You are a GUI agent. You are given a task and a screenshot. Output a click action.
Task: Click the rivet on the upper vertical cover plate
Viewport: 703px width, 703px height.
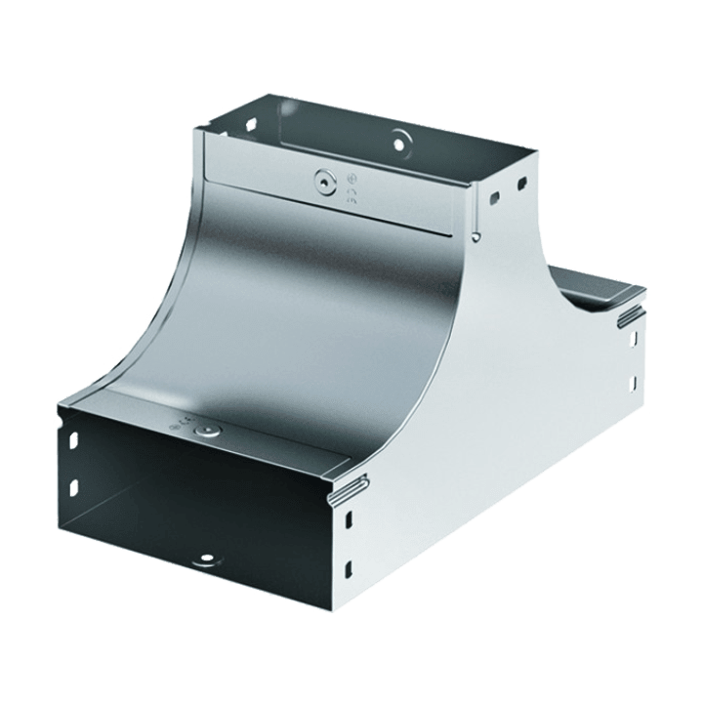(x=322, y=180)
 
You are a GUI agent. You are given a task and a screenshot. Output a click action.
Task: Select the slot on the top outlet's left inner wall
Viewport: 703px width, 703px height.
(x=249, y=126)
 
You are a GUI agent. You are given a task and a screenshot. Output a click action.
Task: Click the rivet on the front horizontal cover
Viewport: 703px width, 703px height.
(x=205, y=430)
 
